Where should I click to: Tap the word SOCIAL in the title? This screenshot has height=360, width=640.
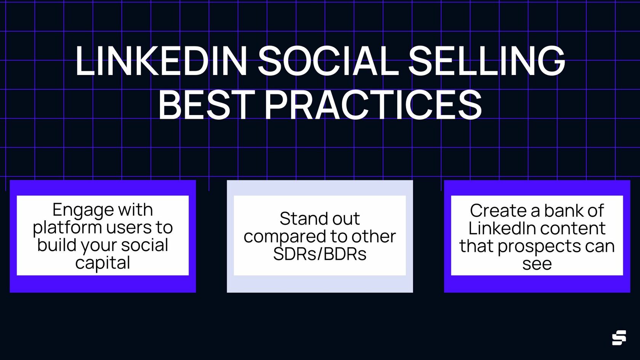(x=328, y=61)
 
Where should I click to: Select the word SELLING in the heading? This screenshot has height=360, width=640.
(x=486, y=61)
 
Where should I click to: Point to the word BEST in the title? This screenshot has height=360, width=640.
(x=206, y=104)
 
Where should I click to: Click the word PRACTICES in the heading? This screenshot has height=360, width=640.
(x=373, y=104)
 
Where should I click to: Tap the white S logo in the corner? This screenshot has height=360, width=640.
(x=619, y=338)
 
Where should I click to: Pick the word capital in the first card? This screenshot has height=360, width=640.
(x=102, y=263)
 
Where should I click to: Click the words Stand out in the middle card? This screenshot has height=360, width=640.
(x=320, y=219)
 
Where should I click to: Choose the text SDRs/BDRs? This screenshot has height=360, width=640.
(x=320, y=254)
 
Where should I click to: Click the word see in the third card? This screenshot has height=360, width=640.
(x=537, y=264)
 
